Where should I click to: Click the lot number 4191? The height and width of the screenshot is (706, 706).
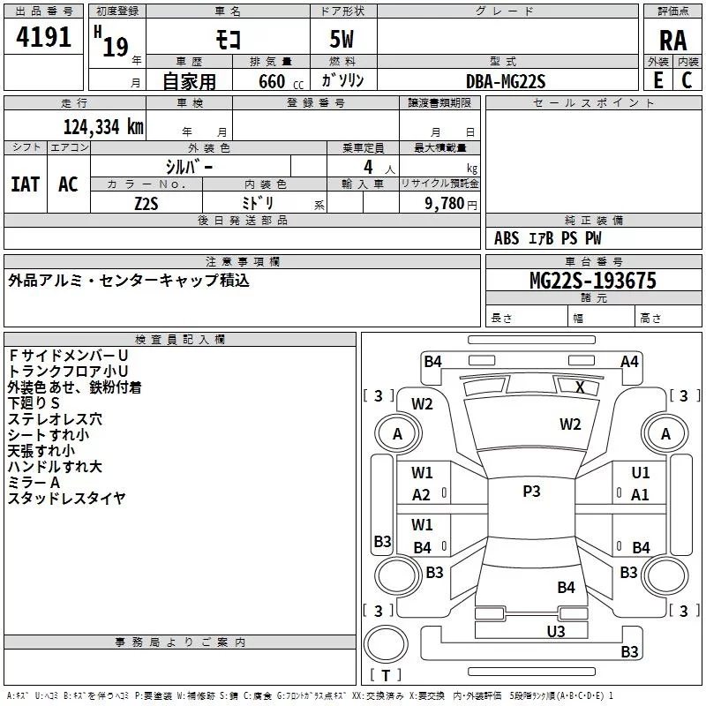(x=44, y=39)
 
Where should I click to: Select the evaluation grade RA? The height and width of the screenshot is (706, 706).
(x=672, y=41)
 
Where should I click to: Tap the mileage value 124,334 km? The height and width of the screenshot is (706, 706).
(x=103, y=127)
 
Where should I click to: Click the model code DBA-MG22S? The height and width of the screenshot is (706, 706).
(x=507, y=81)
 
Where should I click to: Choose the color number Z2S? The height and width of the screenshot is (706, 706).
(x=146, y=202)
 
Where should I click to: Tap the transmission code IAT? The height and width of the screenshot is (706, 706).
(x=26, y=184)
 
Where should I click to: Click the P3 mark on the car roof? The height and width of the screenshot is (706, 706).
(x=531, y=492)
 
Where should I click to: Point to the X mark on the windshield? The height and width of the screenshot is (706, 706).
(x=580, y=387)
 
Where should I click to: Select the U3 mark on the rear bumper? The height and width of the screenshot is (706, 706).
(x=555, y=631)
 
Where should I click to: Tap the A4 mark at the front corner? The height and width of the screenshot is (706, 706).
(x=629, y=361)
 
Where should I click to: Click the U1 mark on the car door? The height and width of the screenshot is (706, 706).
(x=641, y=473)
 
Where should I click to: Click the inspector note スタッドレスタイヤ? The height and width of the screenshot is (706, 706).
(x=67, y=499)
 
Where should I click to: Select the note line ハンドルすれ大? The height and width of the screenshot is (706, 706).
(x=55, y=467)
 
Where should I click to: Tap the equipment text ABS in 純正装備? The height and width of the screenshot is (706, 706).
(x=507, y=238)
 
